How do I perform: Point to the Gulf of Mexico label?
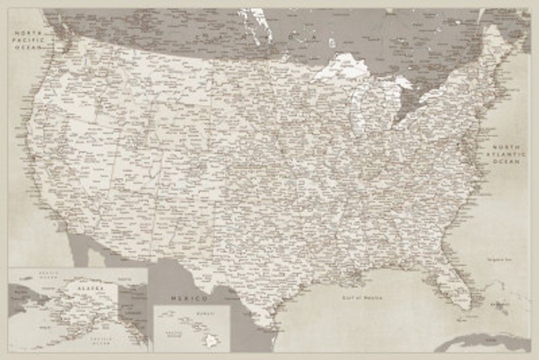[x=361, y=297]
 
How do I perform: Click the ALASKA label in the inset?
[x=90, y=288]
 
